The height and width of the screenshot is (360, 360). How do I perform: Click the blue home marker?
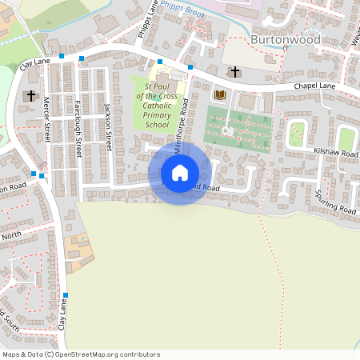tap(179, 172)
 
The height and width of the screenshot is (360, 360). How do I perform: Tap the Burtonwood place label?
tap(286, 39)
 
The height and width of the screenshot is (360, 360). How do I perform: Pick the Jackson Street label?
tap(108, 131)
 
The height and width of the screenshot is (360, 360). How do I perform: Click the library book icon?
tap(218, 95)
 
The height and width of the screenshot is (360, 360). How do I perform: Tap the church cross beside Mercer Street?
tap(30, 96)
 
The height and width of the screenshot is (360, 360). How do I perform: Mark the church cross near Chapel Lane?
tap(234, 72)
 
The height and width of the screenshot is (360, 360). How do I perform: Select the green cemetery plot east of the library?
tap(238, 126)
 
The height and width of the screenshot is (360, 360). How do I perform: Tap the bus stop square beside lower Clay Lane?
tap(66, 295)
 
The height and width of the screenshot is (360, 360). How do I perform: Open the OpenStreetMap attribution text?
tap(81, 354)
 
